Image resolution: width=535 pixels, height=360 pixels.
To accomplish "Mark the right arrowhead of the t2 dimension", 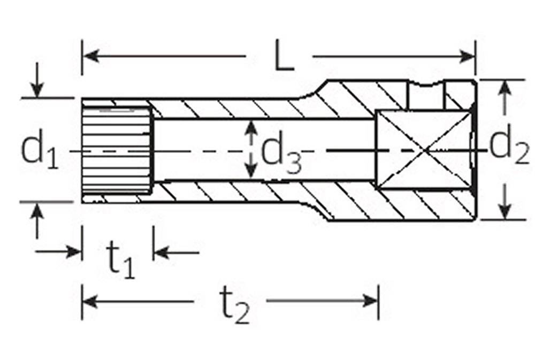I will pyautogui.click(x=370, y=301).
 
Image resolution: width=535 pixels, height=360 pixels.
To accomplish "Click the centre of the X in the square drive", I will pyautogui.click(x=423, y=150).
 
